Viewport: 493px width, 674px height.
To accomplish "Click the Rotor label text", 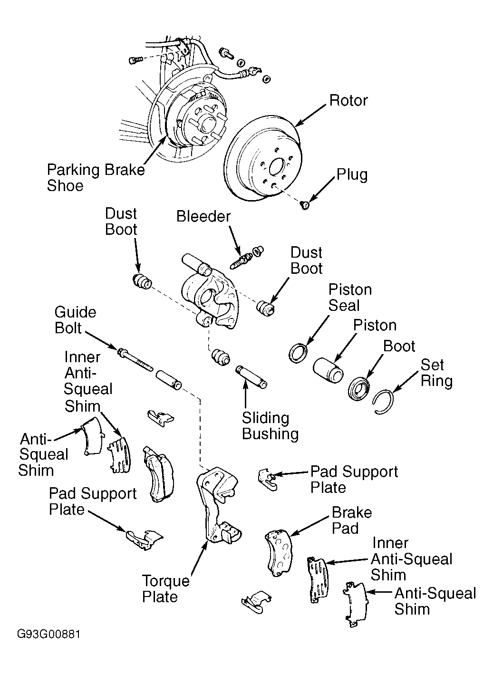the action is tap(348, 100).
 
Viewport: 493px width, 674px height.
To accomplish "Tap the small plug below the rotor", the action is tap(305, 205).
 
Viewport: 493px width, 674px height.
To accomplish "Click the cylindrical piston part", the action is tap(328, 370).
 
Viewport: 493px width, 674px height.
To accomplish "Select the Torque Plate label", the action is tap(165, 589).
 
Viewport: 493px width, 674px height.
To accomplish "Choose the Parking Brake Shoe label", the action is tap(96, 177).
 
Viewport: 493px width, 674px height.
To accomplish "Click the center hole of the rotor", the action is tap(277, 167).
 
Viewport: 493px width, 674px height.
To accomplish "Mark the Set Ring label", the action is tap(436, 373).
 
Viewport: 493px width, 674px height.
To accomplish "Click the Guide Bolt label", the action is tap(75, 320).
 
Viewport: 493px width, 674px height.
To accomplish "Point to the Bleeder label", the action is tap(203, 216).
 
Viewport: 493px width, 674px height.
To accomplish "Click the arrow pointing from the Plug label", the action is tap(322, 190).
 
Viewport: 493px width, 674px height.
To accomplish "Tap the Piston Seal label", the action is tap(350, 298).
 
